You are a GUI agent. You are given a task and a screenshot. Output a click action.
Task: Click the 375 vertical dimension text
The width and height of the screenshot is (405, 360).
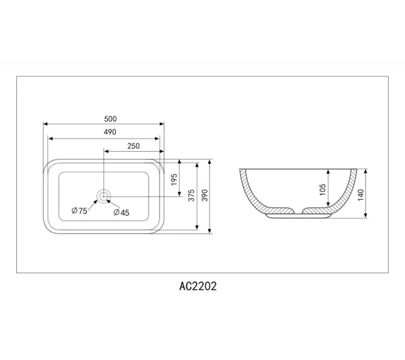click(191, 195)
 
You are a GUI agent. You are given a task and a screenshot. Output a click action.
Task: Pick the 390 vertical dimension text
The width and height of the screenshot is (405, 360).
click(205, 195)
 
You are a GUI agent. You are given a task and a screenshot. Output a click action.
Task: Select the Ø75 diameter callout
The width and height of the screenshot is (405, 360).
click(80, 211)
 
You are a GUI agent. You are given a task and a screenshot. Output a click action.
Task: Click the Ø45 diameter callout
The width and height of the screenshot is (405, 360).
click(122, 212)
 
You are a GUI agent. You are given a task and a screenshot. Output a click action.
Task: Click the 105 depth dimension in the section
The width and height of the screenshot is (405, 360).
click(323, 190)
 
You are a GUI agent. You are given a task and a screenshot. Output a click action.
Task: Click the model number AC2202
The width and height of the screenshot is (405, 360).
click(198, 286)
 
